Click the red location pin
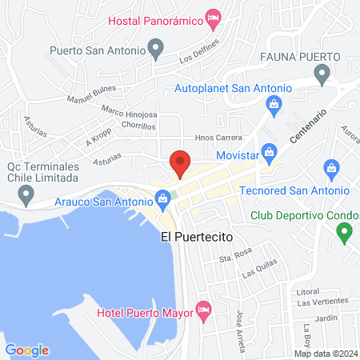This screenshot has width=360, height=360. tap(180, 162)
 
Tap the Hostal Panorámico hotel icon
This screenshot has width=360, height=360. tap(213, 16)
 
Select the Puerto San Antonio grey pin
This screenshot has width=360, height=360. tap(158, 50)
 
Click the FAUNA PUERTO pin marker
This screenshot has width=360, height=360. tap(322, 75)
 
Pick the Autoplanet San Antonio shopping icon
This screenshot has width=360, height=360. tap(274, 103)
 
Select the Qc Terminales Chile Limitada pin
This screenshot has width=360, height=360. tap(27, 193)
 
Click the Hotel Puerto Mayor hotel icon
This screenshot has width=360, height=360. tap(203, 307)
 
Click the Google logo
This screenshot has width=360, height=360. tap(27, 350)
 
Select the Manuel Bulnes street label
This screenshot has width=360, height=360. tap(92, 94)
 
